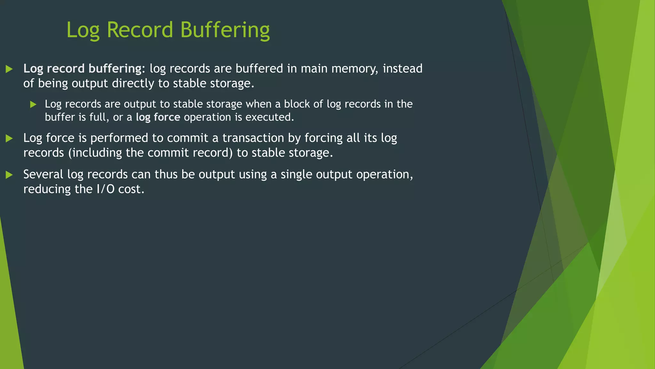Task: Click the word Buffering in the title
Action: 225,30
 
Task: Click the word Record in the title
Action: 140,30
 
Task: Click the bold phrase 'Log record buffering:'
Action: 84,69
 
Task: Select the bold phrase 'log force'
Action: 158,117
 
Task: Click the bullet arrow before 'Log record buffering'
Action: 9,69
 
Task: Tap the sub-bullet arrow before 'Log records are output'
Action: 33,104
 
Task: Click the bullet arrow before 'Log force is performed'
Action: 9,138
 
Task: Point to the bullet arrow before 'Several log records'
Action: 9,175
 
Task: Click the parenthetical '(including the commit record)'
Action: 150,153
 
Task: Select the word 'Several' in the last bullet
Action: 43,174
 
